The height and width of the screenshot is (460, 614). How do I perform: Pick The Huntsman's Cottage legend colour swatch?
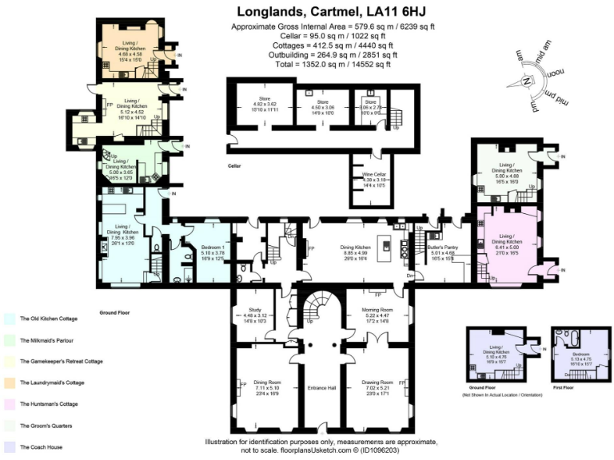[10, 404]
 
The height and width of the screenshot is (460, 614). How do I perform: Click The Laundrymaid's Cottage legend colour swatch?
[10, 383]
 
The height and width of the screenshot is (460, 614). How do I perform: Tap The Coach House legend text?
[42, 447]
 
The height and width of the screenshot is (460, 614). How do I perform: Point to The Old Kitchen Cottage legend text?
[49, 319]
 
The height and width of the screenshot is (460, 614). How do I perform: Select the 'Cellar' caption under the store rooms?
[234, 166]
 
